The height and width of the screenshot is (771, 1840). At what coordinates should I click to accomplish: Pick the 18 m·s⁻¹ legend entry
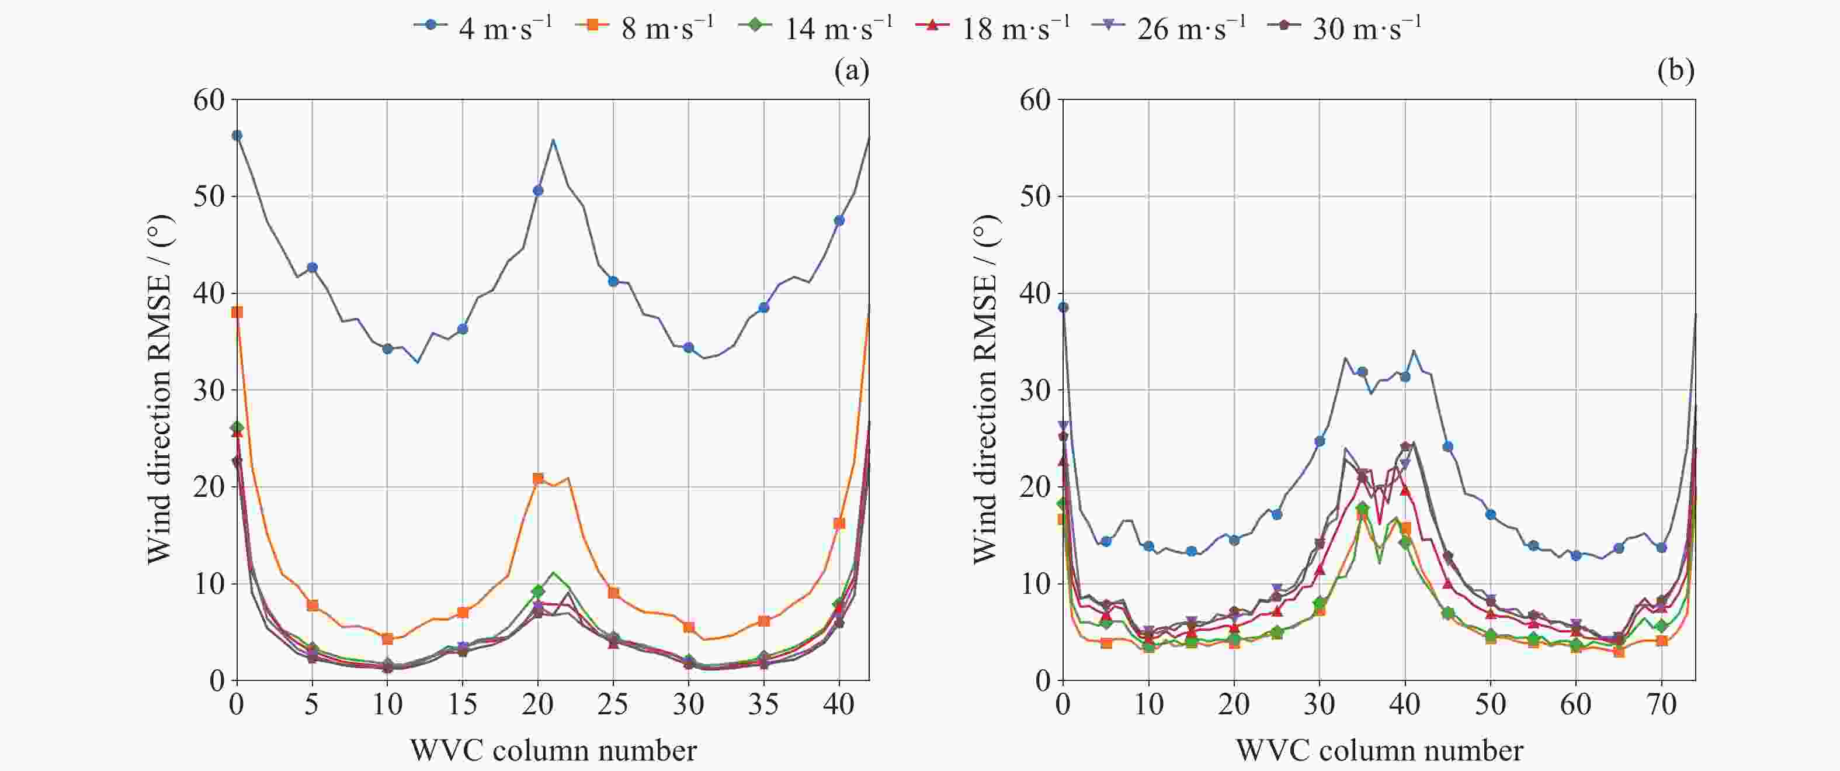(x=994, y=26)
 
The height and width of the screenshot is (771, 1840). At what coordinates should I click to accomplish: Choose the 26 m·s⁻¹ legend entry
(x=1170, y=26)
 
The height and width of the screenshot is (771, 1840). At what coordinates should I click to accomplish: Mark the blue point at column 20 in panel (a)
(x=538, y=191)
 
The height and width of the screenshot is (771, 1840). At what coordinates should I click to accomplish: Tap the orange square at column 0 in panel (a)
(x=237, y=312)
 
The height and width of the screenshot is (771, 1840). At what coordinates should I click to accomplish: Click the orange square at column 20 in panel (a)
(x=538, y=478)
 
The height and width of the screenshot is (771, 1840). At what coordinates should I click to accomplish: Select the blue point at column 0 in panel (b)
(x=1063, y=307)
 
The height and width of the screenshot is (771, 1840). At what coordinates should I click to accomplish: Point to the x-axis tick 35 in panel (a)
(x=763, y=706)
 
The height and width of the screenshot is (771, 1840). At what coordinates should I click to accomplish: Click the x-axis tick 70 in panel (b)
(x=1661, y=706)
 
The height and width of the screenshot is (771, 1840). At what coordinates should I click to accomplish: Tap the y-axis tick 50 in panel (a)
(x=209, y=196)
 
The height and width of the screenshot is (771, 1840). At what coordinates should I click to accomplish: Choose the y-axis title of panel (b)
(x=985, y=389)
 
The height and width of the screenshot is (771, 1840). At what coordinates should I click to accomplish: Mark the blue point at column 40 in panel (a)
(x=839, y=221)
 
